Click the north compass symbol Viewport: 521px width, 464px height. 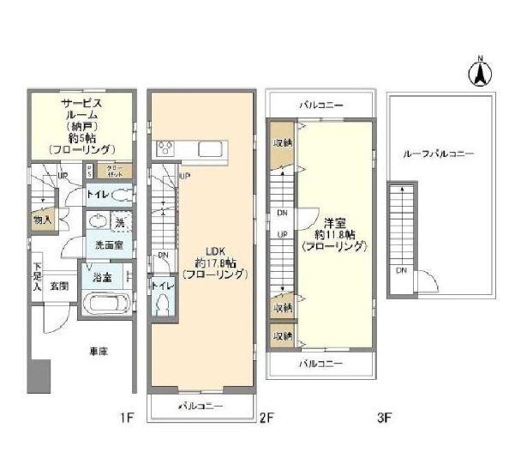pyautogui.click(x=481, y=72)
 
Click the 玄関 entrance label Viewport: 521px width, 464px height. pyautogui.click(x=59, y=286)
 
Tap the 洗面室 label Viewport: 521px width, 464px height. pyautogui.click(x=107, y=244)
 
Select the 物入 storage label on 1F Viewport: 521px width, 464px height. pyautogui.click(x=42, y=220)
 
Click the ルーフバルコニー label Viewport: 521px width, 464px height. pyautogui.click(x=440, y=154)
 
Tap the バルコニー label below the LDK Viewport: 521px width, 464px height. pyautogui.click(x=202, y=405)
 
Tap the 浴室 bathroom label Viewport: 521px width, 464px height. pyautogui.click(x=100, y=276)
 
